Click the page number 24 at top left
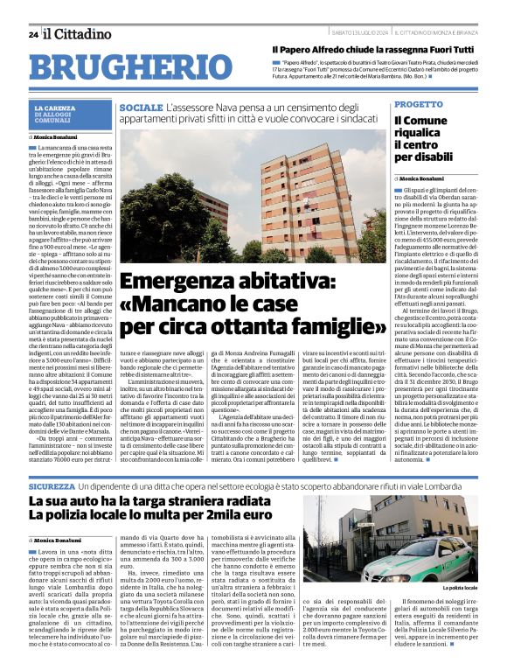[x=32, y=34]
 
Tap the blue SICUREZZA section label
[x=51, y=485]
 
